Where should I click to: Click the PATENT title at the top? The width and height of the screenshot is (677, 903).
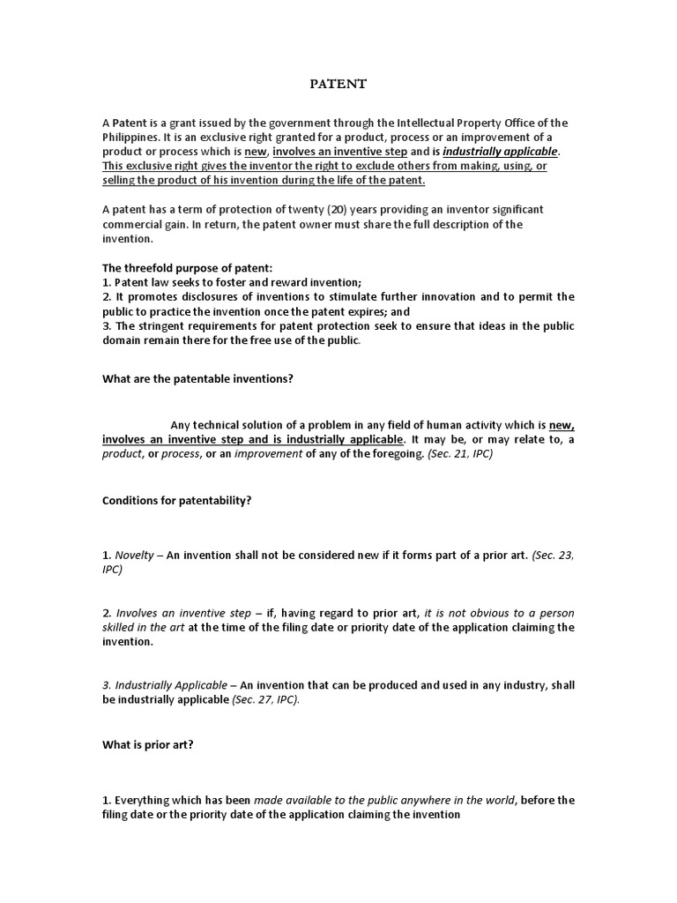coord(338,85)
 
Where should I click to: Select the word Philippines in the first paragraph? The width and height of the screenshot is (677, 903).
coord(131,137)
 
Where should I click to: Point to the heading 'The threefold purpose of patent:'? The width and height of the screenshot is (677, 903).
coord(180,267)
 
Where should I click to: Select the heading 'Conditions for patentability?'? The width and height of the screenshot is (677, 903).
coord(177,499)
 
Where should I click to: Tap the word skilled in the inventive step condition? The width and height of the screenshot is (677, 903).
coord(121,627)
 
